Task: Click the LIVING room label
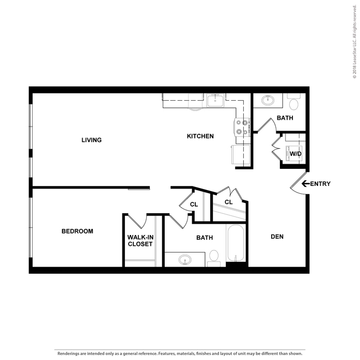click(91, 140)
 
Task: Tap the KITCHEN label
click(200, 136)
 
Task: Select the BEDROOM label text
click(77, 231)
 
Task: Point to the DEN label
click(277, 237)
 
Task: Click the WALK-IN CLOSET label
click(140, 241)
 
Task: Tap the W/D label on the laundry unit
click(295, 153)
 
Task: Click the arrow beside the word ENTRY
click(305, 183)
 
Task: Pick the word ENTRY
click(320, 184)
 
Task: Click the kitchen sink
click(215, 101)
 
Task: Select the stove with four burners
click(242, 128)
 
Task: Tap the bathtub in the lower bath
click(236, 243)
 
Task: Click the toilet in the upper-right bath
click(294, 101)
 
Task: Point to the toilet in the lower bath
click(214, 258)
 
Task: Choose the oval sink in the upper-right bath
click(268, 100)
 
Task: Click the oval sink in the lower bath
click(185, 260)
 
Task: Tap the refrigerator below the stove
click(241, 154)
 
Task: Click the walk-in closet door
click(137, 222)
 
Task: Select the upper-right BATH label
click(285, 118)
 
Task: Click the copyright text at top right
click(354, 42)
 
